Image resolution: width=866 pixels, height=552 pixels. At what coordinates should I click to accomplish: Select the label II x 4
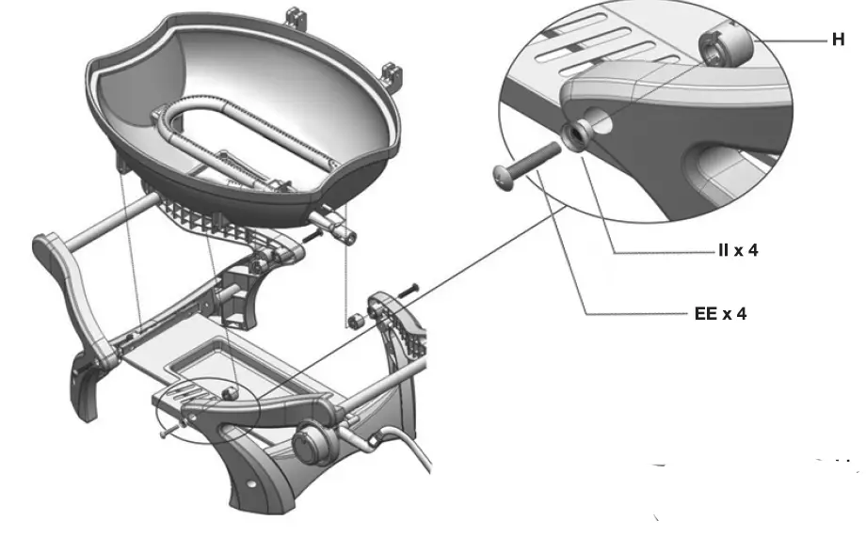pyautogui.click(x=731, y=252)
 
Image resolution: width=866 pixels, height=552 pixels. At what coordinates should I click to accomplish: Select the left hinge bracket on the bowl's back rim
pyautogui.click(x=300, y=17)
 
